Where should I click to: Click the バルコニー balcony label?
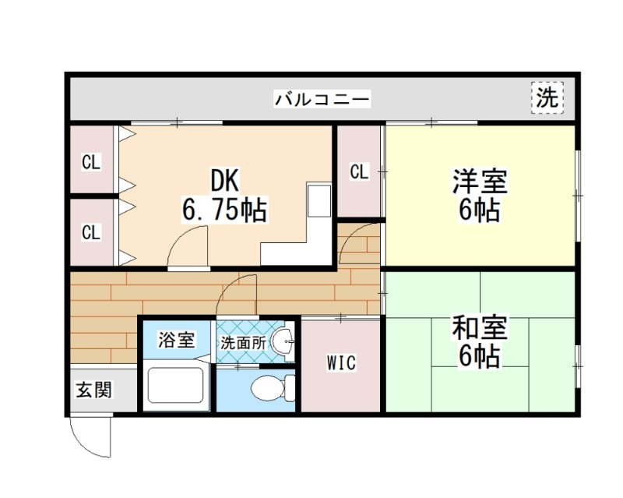point(322,99)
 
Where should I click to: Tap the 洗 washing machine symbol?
point(548,97)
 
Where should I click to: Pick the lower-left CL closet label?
point(91,231)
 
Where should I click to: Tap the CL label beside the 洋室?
point(359,171)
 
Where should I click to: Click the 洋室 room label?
point(480,182)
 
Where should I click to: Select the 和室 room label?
point(480,327)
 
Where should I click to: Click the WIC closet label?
point(341,362)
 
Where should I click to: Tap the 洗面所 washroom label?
point(242,341)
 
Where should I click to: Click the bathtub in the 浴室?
point(176,386)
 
